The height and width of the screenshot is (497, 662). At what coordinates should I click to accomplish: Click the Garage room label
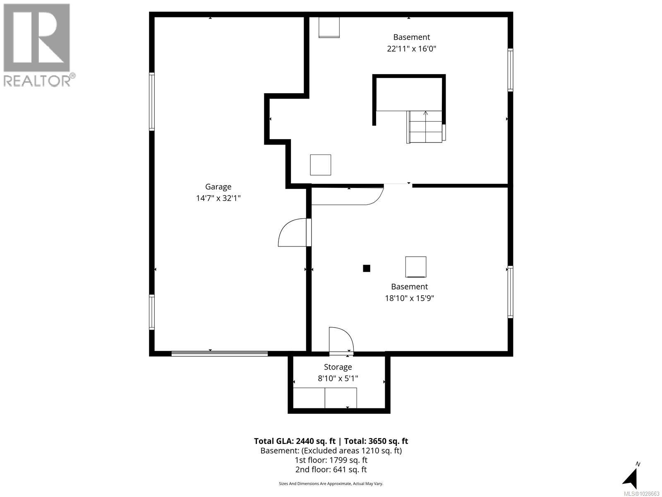pyautogui.click(x=218, y=187)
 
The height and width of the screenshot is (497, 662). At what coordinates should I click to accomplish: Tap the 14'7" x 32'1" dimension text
pyautogui.click(x=218, y=198)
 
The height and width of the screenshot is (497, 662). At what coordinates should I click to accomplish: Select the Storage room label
pyautogui.click(x=338, y=367)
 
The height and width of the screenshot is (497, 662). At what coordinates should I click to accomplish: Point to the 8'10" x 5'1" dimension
pyautogui.click(x=338, y=378)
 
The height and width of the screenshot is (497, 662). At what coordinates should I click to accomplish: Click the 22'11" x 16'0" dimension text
pyautogui.click(x=411, y=49)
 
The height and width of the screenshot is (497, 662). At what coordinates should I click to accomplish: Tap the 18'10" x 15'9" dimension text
pyautogui.click(x=409, y=298)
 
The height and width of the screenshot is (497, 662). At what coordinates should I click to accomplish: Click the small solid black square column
pyautogui.click(x=366, y=268)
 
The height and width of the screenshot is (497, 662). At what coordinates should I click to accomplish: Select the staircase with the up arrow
pyautogui.click(x=425, y=126)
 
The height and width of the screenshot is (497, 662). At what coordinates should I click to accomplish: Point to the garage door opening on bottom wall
pyautogui.click(x=220, y=353)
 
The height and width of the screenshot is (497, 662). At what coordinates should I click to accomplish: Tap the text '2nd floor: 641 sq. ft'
pyautogui.click(x=331, y=470)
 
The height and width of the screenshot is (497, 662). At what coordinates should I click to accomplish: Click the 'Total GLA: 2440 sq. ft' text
pyautogui.click(x=295, y=441)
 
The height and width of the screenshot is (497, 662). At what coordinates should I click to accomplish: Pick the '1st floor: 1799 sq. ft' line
pyautogui.click(x=331, y=460)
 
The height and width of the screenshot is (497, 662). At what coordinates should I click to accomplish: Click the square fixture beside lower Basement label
pyautogui.click(x=415, y=267)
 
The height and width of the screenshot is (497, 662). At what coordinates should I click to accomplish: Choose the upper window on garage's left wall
pyautogui.click(x=152, y=101)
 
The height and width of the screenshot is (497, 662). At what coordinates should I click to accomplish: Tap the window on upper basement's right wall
pyautogui.click(x=510, y=70)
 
